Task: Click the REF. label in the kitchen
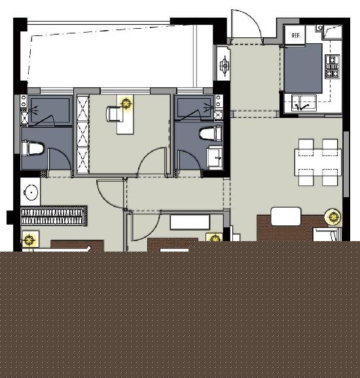(296, 35)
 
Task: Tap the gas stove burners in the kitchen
(333, 67)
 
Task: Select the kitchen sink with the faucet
(304, 103)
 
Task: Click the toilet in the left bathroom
(33, 149)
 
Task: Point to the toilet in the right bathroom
(211, 134)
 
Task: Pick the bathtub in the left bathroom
(50, 111)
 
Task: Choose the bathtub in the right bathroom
(194, 108)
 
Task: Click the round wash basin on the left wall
(31, 193)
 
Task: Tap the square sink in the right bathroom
(215, 157)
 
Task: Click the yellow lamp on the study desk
(126, 104)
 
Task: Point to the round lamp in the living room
(333, 217)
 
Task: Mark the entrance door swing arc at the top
(253, 18)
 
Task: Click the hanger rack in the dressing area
(54, 216)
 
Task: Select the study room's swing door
(150, 155)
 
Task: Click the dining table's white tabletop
(318, 162)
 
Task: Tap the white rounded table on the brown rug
(286, 216)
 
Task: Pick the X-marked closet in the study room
(82, 134)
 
